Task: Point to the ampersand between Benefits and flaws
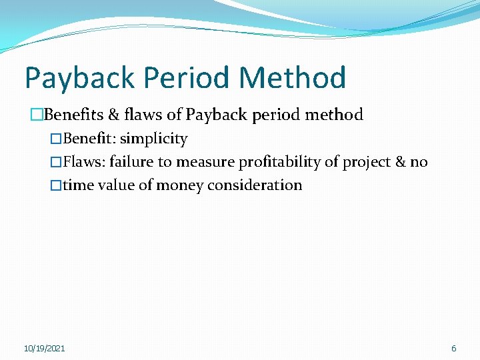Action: coord(114,115)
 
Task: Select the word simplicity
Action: coord(154,139)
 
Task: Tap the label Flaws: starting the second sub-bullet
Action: coord(84,162)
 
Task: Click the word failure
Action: coord(131,162)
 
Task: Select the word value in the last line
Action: coord(116,185)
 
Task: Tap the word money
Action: coord(180,186)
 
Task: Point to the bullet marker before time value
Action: coord(56,185)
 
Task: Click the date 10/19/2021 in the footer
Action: coord(45,349)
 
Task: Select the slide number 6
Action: coord(454,349)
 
